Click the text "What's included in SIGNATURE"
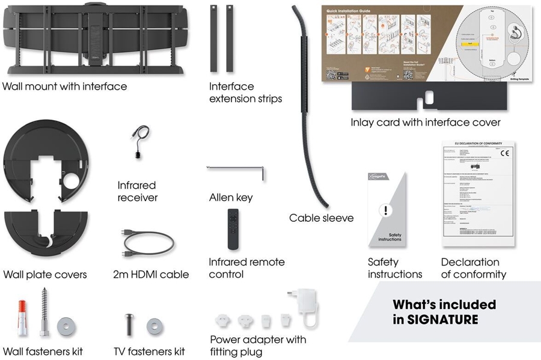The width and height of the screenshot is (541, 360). [x=444, y=312]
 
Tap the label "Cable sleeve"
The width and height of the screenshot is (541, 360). [x=321, y=218]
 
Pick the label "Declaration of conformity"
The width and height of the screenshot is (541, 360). [x=473, y=268]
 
